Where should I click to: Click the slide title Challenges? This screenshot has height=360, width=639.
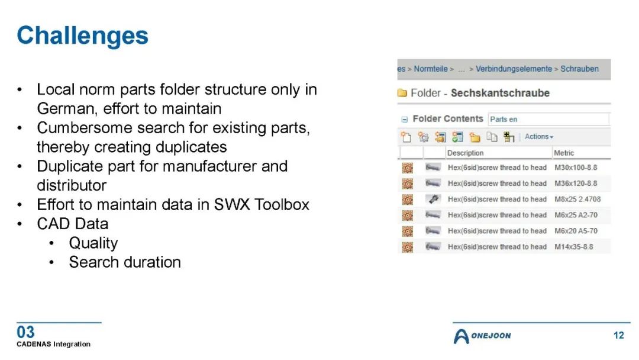[x=82, y=36]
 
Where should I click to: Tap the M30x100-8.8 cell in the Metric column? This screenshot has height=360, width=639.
[x=576, y=168]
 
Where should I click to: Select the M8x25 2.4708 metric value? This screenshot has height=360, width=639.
[x=577, y=200]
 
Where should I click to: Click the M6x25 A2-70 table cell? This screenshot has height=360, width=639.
[x=576, y=215]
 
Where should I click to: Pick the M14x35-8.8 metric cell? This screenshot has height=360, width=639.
[x=573, y=247]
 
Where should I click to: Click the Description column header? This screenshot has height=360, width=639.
[x=465, y=153]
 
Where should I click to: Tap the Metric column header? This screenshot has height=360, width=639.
[x=564, y=153]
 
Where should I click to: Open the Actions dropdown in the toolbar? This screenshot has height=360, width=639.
[x=539, y=137]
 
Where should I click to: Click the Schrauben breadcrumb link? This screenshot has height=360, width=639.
[x=579, y=69]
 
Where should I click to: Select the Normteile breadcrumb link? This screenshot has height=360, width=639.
[x=430, y=69]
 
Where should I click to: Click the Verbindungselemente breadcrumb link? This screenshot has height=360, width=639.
[x=514, y=69]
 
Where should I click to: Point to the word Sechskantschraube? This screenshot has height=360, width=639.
[x=500, y=93]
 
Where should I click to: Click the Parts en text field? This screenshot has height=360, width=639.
[x=548, y=119]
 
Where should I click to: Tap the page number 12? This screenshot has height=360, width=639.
[x=619, y=335]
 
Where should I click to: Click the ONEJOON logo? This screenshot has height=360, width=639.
[x=482, y=336]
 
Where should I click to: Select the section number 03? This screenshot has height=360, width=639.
[x=25, y=332]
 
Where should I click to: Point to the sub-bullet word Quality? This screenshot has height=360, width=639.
[x=93, y=243]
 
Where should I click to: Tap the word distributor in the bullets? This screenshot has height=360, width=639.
[x=72, y=185]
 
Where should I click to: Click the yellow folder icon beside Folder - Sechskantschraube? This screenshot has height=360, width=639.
[x=402, y=93]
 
